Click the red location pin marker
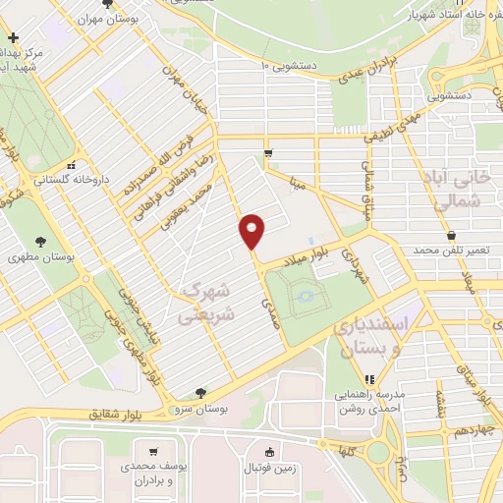point(252,232)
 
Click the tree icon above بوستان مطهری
point(39,241)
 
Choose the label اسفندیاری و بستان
point(366,334)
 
